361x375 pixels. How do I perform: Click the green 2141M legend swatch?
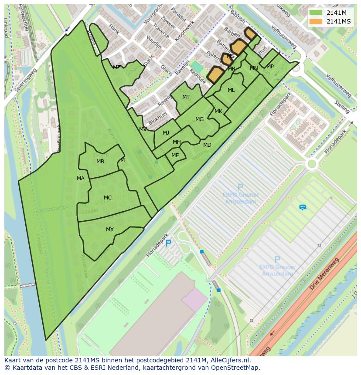pyautogui.click(x=316, y=13)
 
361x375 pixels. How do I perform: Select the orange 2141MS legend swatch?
pyautogui.click(x=316, y=21)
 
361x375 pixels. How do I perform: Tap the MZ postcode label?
pyautogui.click(x=117, y=68)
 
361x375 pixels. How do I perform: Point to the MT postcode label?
pyautogui.click(x=186, y=97)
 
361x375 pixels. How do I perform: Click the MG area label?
pyautogui.click(x=199, y=119)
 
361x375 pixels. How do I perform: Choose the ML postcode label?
pyautogui.click(x=231, y=90)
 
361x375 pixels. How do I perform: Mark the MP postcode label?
pyautogui.click(x=270, y=67)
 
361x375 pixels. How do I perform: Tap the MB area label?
pyautogui.click(x=100, y=162)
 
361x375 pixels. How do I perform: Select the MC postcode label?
pyautogui.click(x=108, y=198)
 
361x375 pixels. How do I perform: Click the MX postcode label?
pyautogui.click(x=110, y=230)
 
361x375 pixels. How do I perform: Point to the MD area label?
pyautogui.click(x=207, y=145)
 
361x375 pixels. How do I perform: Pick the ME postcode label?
pyautogui.click(x=175, y=155)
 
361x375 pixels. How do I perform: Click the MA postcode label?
pyautogui.click(x=81, y=179)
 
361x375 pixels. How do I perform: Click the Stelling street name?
pyautogui.click(x=342, y=106)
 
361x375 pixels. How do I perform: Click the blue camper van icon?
pyautogui.click(x=303, y=207)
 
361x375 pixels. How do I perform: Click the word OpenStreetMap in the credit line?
pyautogui.click(x=236, y=368)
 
